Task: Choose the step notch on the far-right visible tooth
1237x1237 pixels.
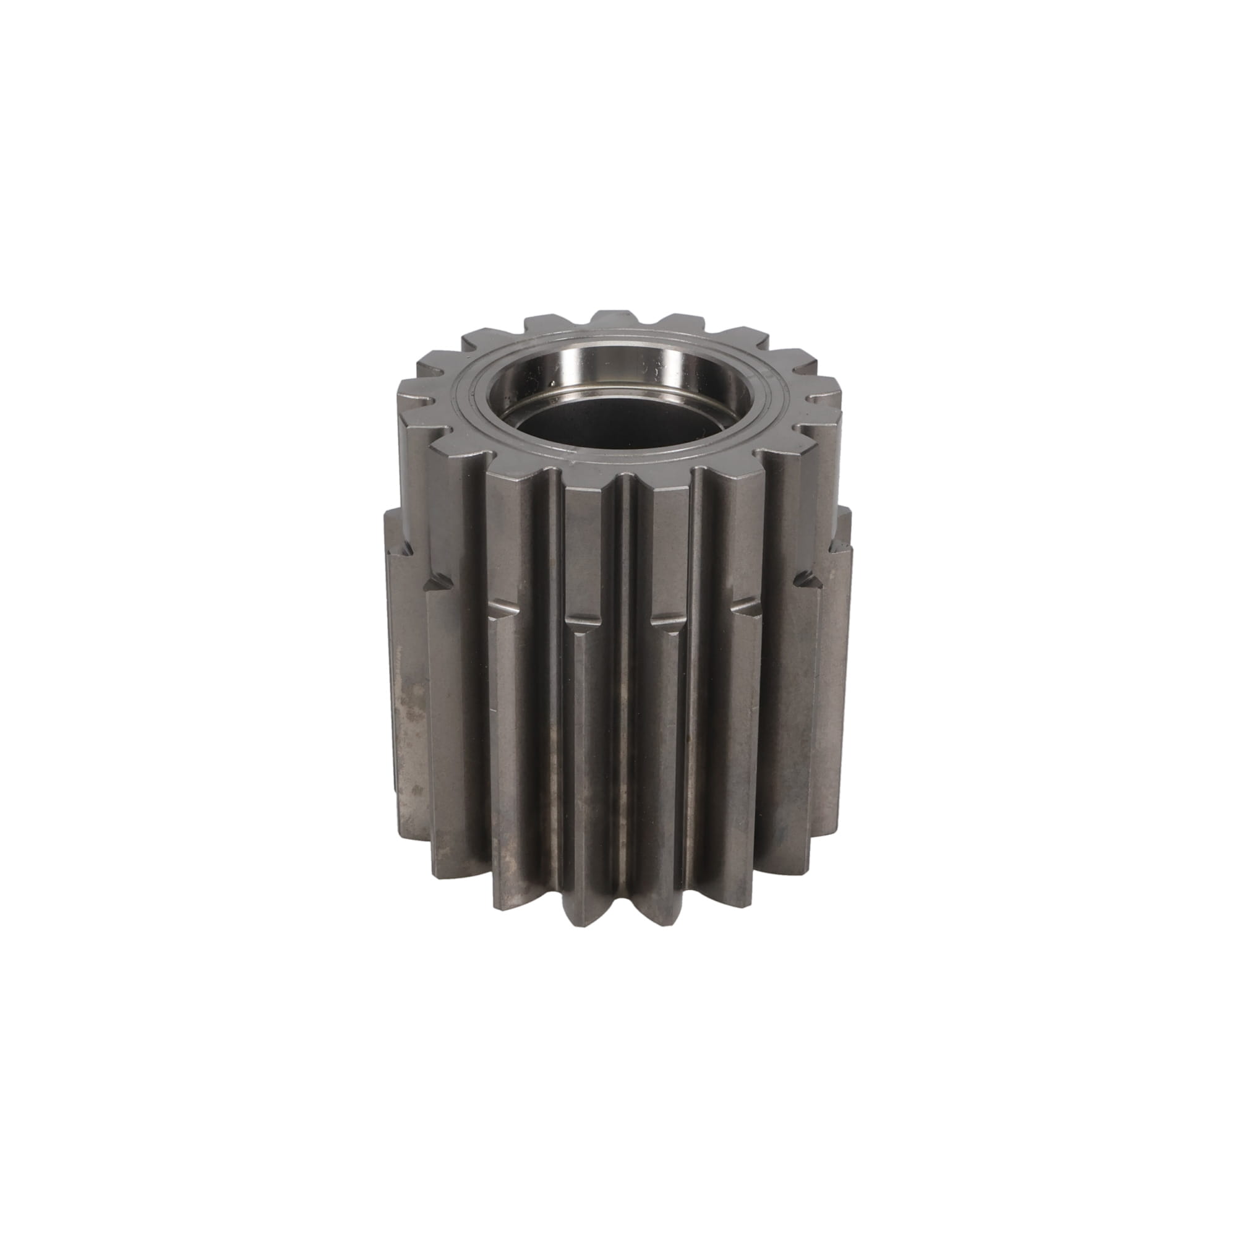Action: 808,580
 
